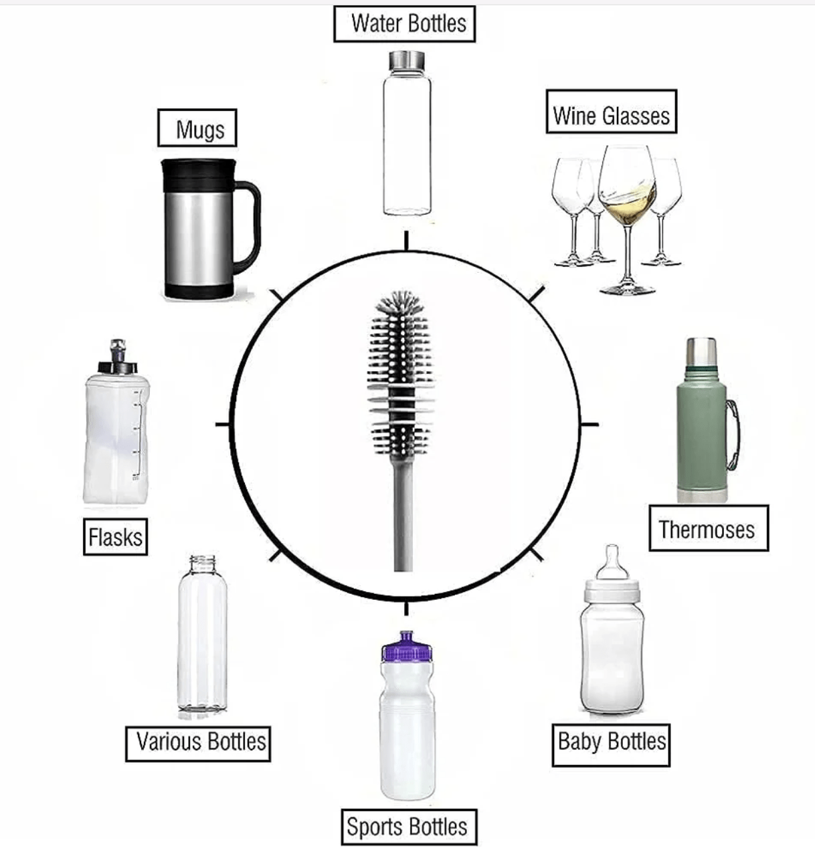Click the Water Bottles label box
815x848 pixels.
[x=405, y=23]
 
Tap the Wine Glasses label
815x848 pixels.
[x=612, y=112]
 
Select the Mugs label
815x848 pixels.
[x=197, y=128]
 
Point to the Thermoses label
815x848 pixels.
[x=709, y=528]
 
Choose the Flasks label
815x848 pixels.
[x=116, y=536]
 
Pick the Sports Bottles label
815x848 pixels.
[x=409, y=827]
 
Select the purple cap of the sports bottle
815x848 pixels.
[x=407, y=647]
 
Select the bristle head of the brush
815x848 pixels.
[x=400, y=375]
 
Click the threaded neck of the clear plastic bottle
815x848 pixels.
[x=203, y=564]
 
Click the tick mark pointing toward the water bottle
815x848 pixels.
[x=406, y=241]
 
